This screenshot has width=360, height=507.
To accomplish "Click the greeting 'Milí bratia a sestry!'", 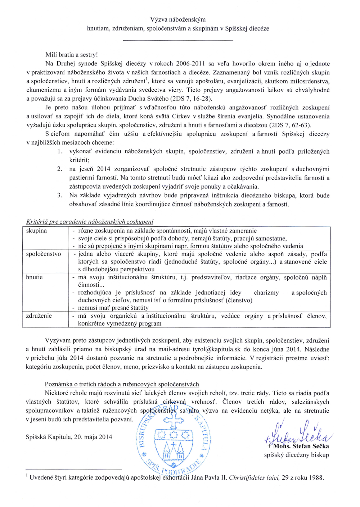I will [71, 55].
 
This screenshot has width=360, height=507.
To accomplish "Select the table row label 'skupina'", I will [36, 231].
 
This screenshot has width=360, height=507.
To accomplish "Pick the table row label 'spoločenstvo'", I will [44, 254].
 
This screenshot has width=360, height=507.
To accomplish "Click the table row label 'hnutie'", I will [34, 277].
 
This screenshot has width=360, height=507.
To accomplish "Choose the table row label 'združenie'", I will [39, 316].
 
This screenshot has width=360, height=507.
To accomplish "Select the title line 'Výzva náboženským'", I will [178, 19].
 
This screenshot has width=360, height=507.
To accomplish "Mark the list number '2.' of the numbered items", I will [60, 169].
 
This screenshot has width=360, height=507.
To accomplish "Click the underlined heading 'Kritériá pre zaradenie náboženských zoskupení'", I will [90, 222].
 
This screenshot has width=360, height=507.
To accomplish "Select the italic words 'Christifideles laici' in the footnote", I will [254, 478].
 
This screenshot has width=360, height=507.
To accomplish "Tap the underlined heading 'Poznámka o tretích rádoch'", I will [122, 384].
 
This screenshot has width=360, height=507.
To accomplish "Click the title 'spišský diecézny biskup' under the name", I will [296, 455].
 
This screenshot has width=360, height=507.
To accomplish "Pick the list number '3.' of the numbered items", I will [60, 195].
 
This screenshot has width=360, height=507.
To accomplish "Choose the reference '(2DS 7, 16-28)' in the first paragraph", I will [193, 99].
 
